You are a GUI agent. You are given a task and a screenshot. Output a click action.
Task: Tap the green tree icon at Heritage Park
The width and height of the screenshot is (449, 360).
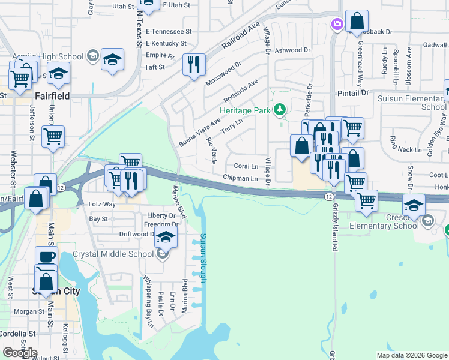(x=279, y=109)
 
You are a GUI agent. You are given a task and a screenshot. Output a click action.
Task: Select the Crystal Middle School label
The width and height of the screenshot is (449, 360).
(x=113, y=254)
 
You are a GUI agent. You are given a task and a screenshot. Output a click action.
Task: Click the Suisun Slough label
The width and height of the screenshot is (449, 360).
(x=203, y=258)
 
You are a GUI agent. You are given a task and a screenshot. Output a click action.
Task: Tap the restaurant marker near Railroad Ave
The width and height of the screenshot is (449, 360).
(x=194, y=65)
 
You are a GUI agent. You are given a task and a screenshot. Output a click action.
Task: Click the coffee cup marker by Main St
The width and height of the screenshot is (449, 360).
(x=46, y=257)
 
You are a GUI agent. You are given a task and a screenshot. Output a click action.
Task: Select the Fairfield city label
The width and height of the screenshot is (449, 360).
(x=52, y=95)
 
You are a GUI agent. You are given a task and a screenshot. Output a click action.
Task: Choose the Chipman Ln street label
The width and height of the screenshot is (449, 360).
(x=240, y=178)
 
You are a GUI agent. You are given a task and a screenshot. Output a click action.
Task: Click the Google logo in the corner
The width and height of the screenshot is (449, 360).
(x=20, y=353)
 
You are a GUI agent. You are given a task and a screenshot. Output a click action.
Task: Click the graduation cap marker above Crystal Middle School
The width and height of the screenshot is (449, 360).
(x=166, y=236)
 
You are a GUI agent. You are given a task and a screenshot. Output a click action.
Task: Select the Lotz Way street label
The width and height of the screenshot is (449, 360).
(x=101, y=204)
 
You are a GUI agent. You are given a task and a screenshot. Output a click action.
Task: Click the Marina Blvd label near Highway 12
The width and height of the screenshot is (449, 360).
(x=179, y=210)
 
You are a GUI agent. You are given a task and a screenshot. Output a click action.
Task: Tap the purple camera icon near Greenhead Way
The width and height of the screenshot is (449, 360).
(x=337, y=24)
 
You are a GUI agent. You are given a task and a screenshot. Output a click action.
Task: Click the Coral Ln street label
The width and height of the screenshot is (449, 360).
(x=246, y=166)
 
